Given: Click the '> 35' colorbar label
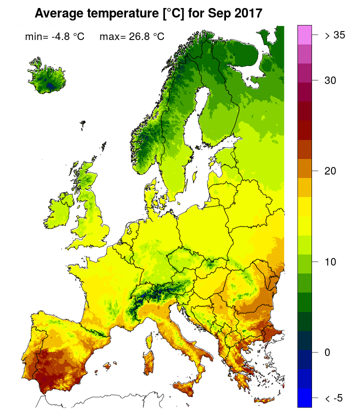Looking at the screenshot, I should coord(334,35).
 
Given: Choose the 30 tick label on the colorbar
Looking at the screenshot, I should coord(329,80).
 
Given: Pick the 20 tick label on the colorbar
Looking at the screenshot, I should coord(329,171).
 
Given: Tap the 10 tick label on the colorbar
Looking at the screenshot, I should coord(329,261).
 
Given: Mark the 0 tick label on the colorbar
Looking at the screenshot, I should coord(327,352).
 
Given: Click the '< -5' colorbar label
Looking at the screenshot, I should coord(333,398).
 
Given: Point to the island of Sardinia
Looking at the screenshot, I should coord(148,360).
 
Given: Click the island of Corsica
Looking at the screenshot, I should coord(150,336).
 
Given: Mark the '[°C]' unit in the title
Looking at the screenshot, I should coord(176,14).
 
